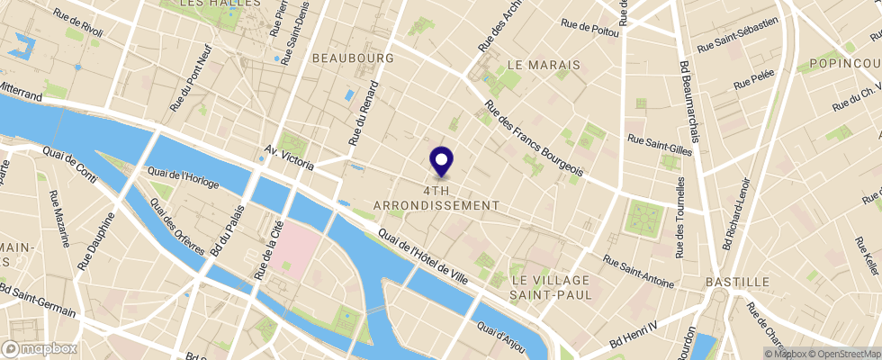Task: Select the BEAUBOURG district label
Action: [354, 58]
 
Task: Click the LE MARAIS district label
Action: [540, 66]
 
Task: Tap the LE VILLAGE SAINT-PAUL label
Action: [552, 281]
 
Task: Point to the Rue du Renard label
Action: [364, 114]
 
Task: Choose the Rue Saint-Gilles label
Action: [660, 145]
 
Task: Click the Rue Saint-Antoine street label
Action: [638, 271]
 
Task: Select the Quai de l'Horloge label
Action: [183, 178]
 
